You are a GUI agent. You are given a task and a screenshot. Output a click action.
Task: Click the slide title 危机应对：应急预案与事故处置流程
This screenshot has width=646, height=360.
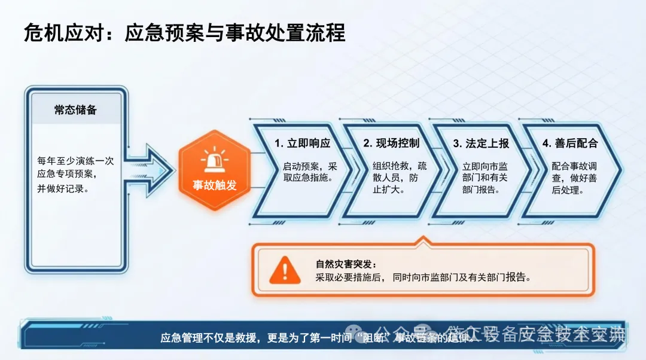pos(184,32)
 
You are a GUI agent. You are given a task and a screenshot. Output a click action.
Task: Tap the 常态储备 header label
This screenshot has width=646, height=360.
pos(75,110)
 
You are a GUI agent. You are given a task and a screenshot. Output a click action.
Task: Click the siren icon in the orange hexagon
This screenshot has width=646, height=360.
pos(214,160)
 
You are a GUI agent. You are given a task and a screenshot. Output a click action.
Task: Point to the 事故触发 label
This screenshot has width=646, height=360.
pos(214,185)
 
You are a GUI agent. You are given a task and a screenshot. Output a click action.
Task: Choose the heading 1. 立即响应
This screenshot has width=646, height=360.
pos(302,144)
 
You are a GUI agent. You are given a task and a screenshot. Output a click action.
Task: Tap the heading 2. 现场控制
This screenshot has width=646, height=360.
pos(391,144)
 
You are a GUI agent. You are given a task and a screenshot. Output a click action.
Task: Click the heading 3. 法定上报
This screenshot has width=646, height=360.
pos(481,144)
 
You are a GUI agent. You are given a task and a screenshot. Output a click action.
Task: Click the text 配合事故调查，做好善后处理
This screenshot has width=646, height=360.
pos(574,178)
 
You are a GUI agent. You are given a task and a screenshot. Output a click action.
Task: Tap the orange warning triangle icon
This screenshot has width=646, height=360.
pos(285,271)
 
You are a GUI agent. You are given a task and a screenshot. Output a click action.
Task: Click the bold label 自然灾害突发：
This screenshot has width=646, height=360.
pos(347,264)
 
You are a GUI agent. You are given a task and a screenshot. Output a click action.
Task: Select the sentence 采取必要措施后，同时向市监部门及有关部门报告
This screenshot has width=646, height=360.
pos(423,277)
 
